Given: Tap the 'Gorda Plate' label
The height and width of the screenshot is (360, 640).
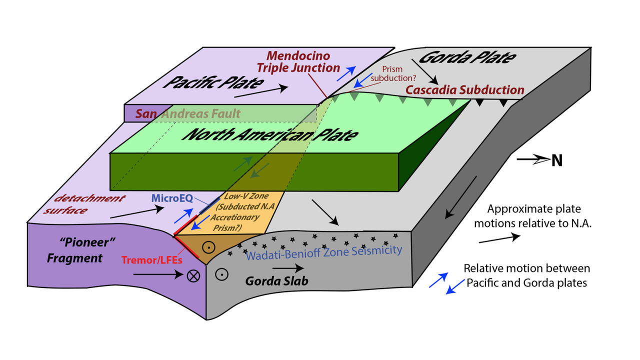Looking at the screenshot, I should click(x=467, y=57).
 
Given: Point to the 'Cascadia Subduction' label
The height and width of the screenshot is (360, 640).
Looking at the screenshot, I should click(x=464, y=90).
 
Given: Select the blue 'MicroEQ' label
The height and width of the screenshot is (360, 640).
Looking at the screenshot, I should click(x=172, y=198).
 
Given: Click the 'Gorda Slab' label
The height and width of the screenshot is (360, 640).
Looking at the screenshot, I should click(x=276, y=281).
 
